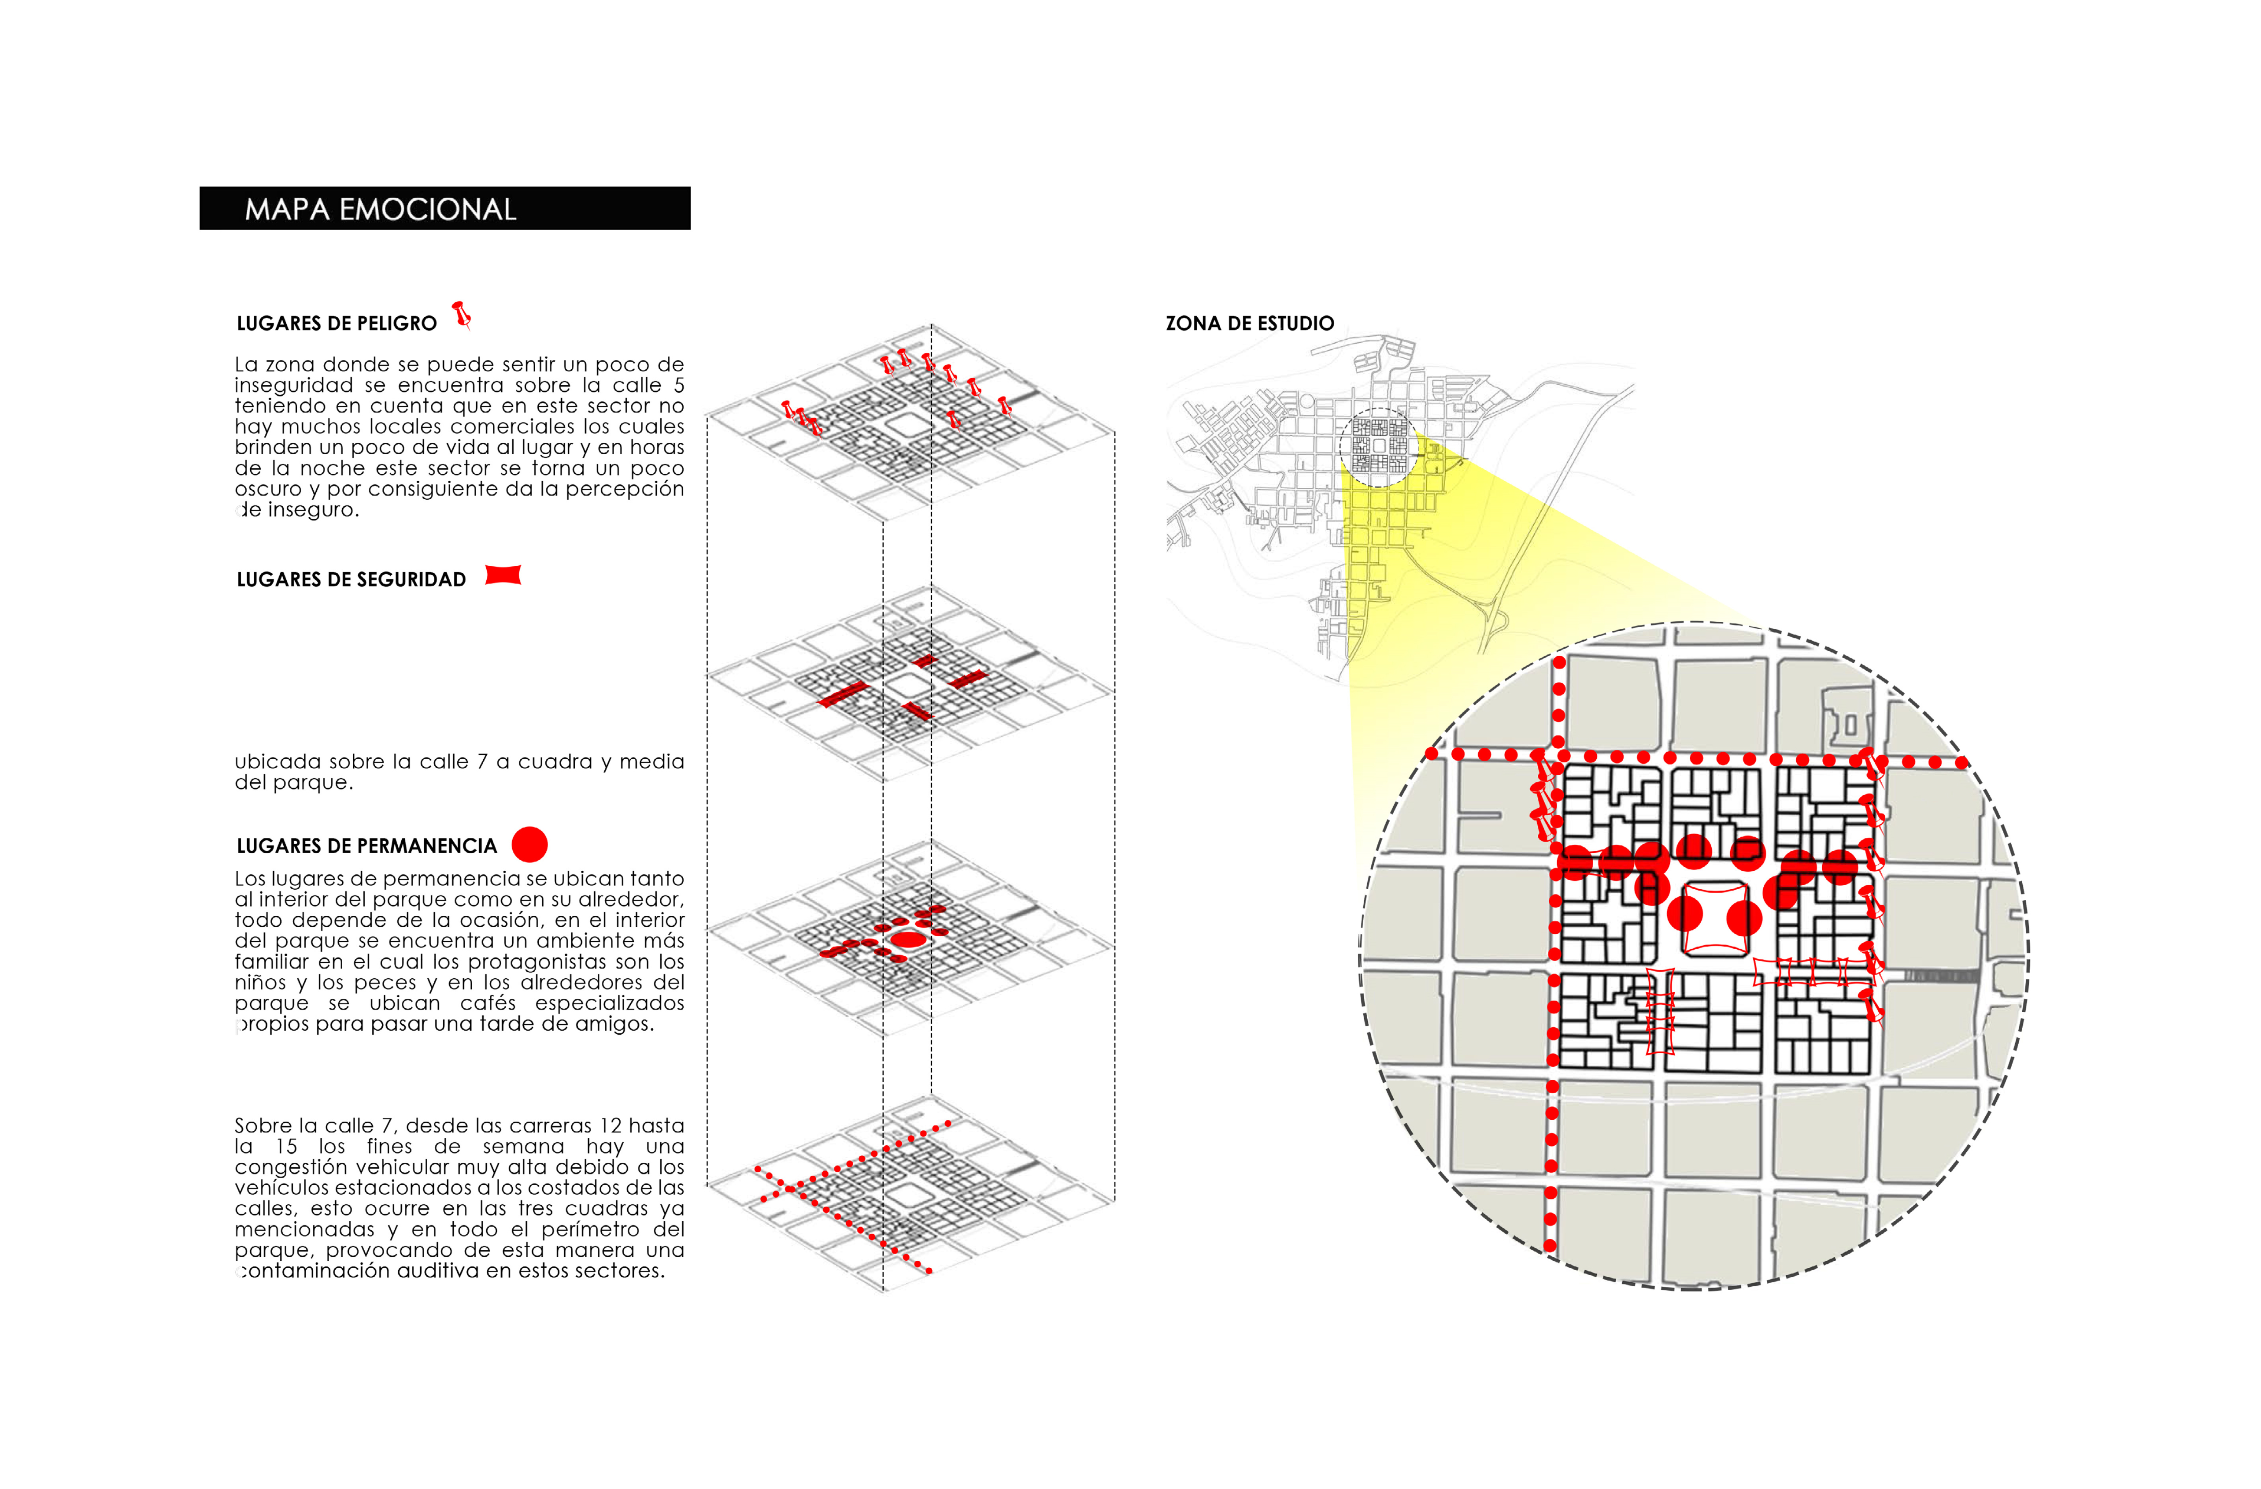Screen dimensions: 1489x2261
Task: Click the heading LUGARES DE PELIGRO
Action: (x=336, y=323)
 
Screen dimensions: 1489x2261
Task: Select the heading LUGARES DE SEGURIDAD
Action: (x=351, y=579)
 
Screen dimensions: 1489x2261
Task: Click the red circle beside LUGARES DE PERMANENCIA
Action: (x=529, y=844)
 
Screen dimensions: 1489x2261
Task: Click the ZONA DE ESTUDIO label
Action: (x=1249, y=323)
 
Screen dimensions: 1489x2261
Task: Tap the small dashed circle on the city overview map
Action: (x=1378, y=446)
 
